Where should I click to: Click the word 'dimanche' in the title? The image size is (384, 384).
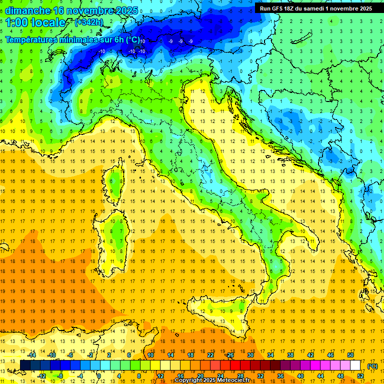pos(27,10)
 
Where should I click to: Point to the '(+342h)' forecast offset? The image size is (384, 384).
pos(89,22)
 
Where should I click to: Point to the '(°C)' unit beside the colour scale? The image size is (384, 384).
pos(372,365)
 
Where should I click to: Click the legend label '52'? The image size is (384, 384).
pos(360,376)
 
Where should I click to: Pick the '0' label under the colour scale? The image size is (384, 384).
pos(99,376)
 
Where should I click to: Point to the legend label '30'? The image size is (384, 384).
pos(250,355)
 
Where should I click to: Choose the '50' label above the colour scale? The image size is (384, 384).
pos(350,355)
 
